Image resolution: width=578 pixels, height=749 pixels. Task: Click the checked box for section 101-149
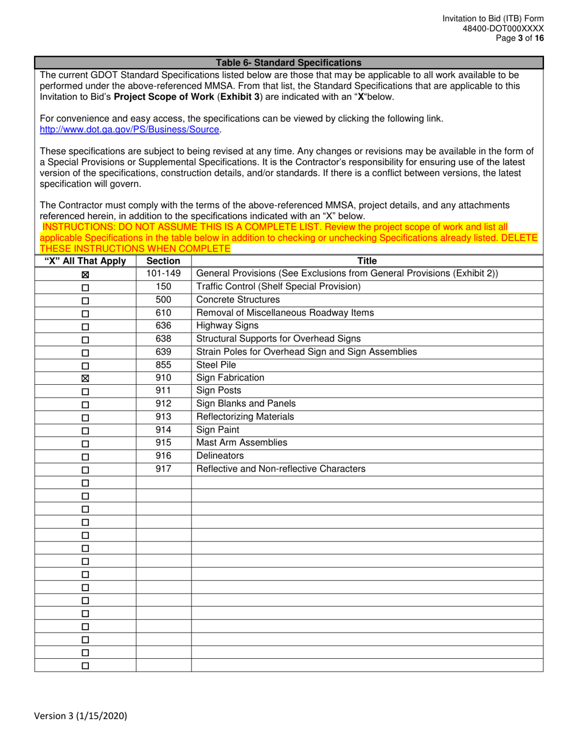pos(85,275)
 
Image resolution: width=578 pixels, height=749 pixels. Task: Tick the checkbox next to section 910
pos(85,379)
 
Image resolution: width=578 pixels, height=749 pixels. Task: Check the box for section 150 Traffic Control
pos(85,287)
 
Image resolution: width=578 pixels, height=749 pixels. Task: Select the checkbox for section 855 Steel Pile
pos(85,366)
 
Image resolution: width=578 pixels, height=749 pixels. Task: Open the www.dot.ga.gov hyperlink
pos(129,130)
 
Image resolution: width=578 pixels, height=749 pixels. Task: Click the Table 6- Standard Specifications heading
pos(288,63)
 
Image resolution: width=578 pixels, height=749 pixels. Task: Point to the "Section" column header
pos(163,261)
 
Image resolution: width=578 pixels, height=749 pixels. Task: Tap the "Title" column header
pos(367,261)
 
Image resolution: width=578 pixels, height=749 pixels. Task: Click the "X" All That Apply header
pos(85,261)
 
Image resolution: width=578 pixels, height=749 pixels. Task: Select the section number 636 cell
pos(163,326)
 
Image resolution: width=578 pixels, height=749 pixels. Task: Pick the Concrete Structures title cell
pos(238,300)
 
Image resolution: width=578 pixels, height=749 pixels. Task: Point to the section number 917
pos(163,469)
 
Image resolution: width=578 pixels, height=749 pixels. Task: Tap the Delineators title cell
pos(220,456)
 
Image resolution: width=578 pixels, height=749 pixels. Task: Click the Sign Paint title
pos(217,430)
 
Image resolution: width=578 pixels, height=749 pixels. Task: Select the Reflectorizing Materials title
pos(245,417)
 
